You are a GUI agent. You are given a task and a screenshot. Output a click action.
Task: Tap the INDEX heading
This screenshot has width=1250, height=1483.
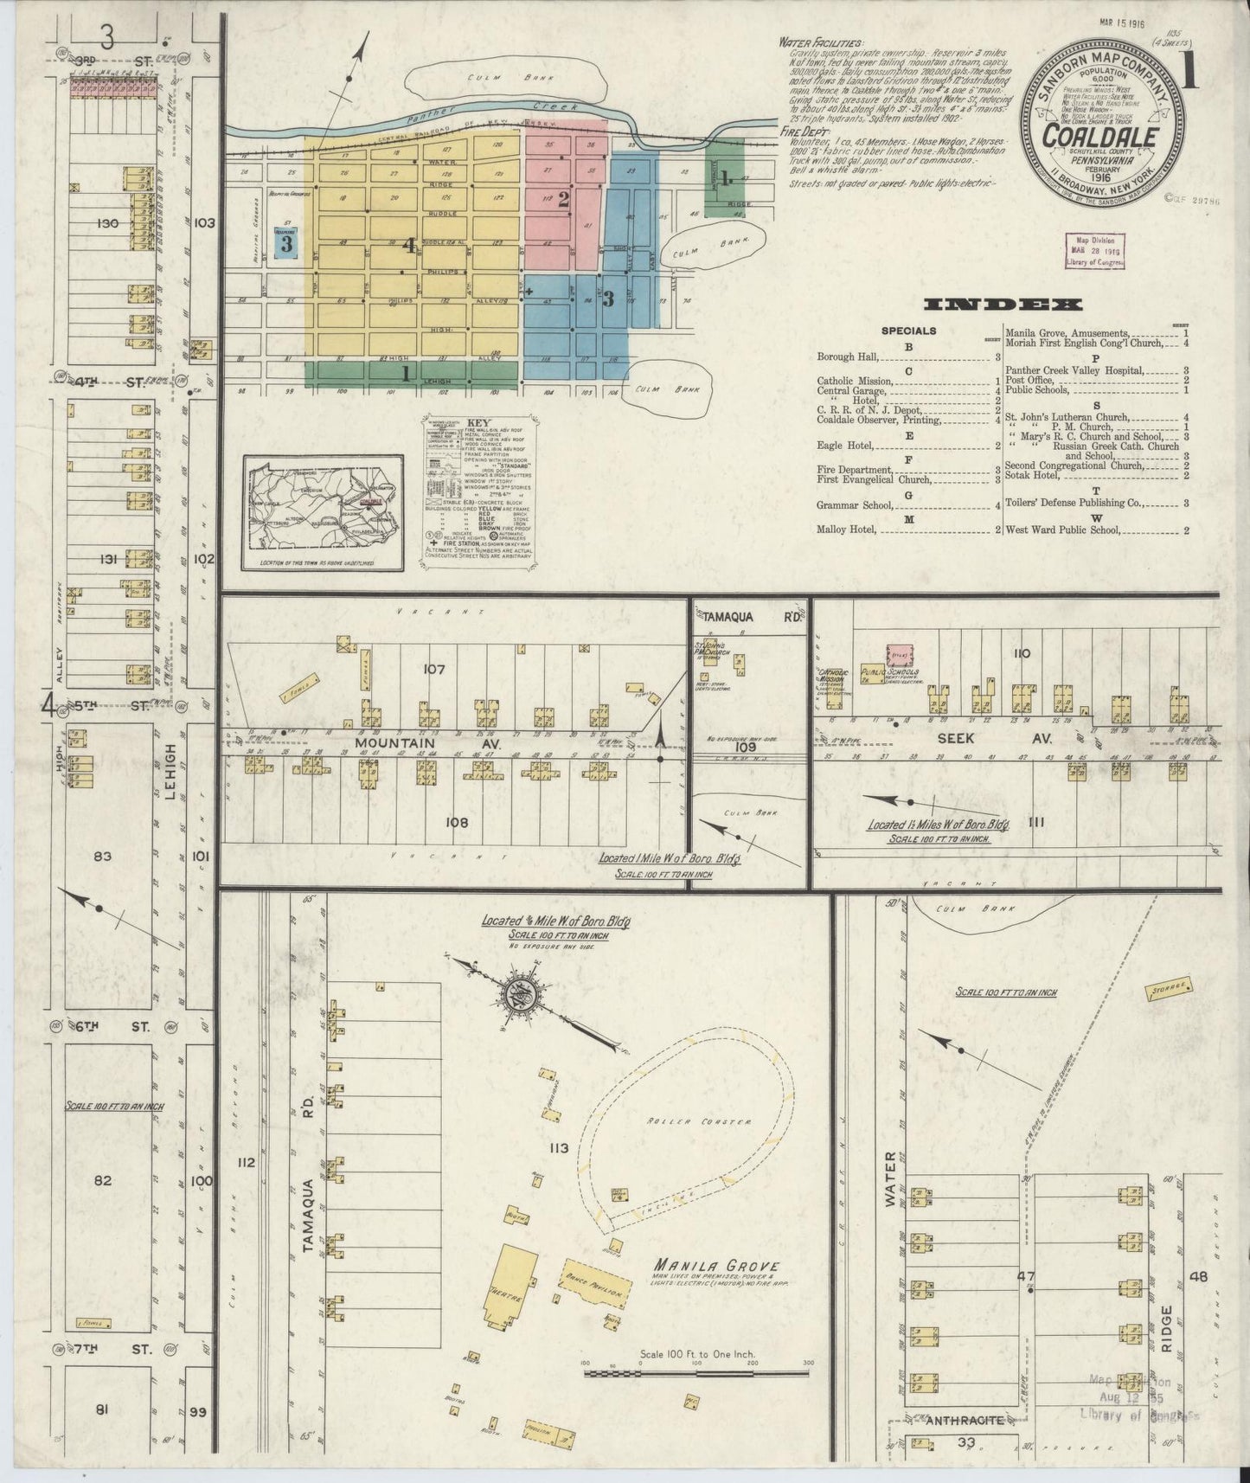coord(1003,305)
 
